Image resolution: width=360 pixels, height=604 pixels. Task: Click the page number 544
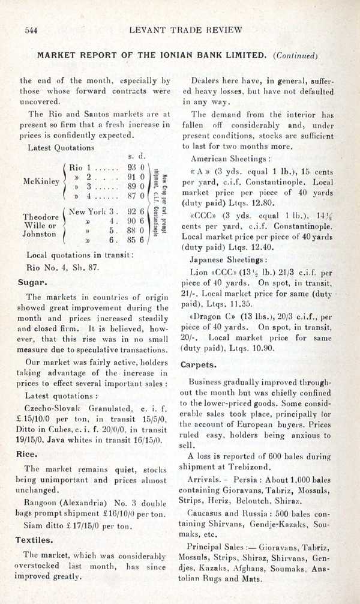pyautogui.click(x=31, y=29)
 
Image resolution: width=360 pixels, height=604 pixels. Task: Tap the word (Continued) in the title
pyautogui.click(x=295, y=55)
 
